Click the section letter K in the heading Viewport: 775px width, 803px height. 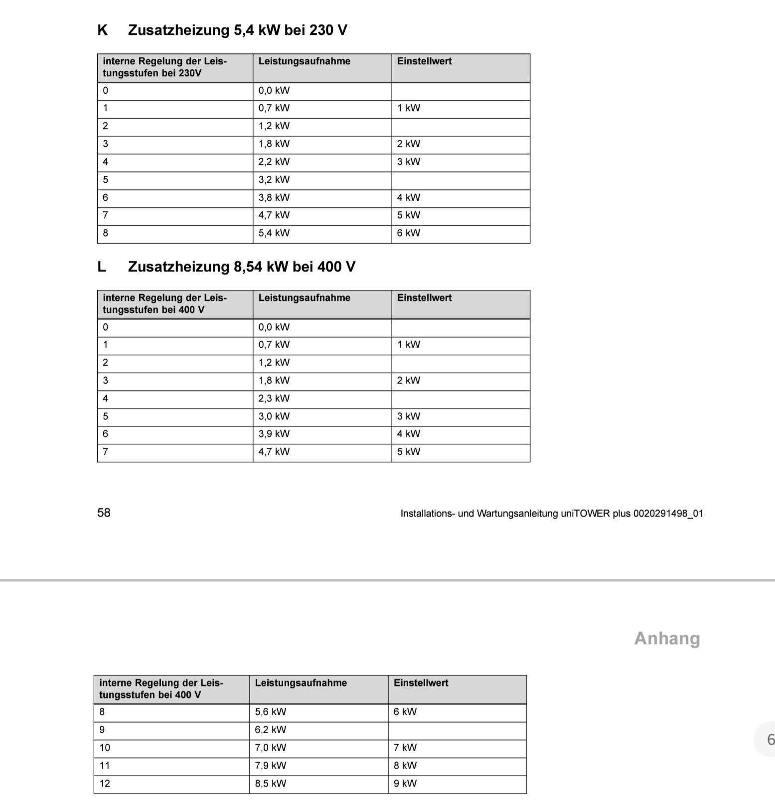click(102, 30)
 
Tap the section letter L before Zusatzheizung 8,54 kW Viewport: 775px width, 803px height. click(102, 267)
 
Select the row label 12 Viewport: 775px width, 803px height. click(105, 784)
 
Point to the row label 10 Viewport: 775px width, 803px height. click(105, 748)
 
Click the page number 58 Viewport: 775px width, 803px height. click(104, 513)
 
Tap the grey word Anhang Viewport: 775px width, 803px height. click(667, 638)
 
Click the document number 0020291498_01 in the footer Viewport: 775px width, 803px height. click(668, 514)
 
